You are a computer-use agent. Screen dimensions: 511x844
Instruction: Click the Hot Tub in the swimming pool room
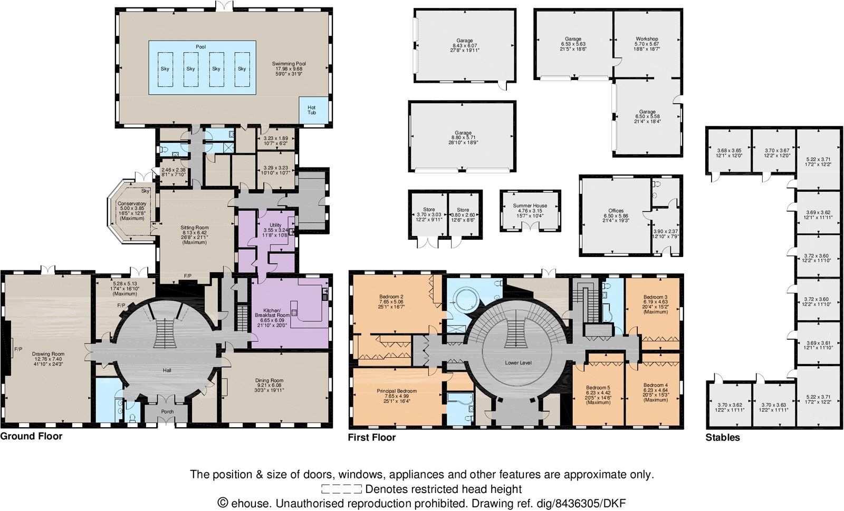(x=312, y=111)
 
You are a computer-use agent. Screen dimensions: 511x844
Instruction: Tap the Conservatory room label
(x=132, y=204)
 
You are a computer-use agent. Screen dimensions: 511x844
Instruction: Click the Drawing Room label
(x=48, y=354)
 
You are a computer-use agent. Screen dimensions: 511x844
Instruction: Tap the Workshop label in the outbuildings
(x=647, y=39)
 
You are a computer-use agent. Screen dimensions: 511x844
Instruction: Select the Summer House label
(x=530, y=206)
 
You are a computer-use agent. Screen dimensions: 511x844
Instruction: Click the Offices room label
(x=616, y=211)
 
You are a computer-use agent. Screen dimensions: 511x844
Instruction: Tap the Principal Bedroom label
(x=397, y=391)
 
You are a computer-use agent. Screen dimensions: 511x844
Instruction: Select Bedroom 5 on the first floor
(x=598, y=386)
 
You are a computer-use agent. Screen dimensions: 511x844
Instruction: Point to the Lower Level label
(x=518, y=363)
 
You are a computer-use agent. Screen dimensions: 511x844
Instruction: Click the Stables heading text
(x=723, y=437)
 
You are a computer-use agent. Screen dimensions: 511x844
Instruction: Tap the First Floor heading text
(x=372, y=437)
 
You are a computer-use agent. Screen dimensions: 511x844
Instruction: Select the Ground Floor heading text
(x=31, y=436)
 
